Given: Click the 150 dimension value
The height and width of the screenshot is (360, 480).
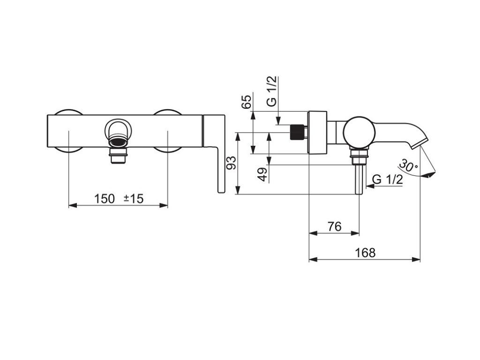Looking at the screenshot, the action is point(104,199).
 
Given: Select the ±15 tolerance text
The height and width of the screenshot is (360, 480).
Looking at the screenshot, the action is point(134,199).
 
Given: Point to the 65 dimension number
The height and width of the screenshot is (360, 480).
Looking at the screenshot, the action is point(247,102).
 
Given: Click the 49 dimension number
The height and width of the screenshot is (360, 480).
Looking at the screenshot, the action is point(263,174).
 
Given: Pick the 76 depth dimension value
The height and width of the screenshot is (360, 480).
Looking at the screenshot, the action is point(334,226).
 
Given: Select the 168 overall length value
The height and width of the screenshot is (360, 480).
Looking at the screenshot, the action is point(365,253).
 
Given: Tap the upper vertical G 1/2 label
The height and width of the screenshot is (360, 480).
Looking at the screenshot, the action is point(271,91).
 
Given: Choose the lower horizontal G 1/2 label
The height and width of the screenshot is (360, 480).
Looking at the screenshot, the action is point(388,180).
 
